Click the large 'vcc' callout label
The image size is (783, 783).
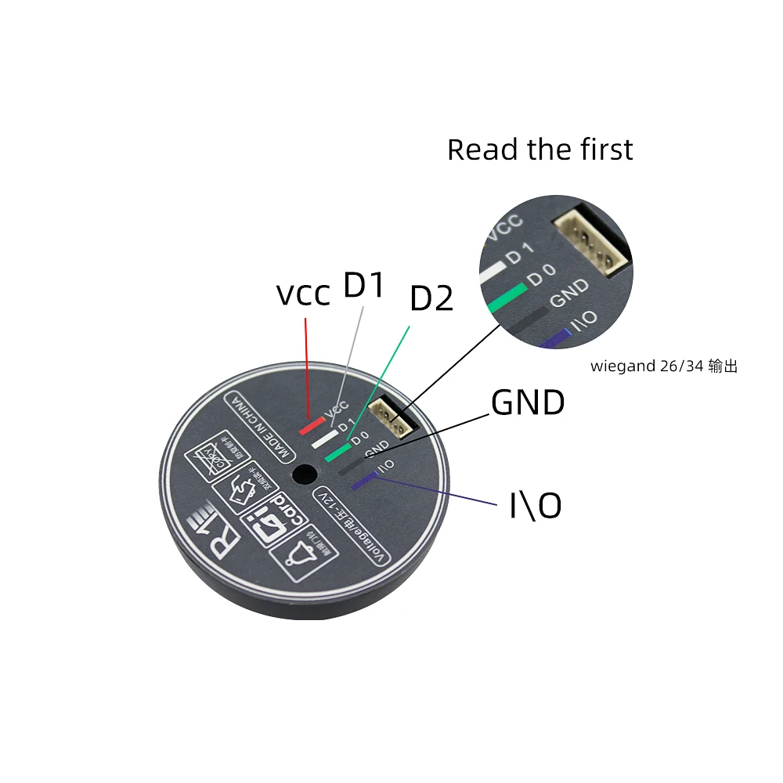click(303, 295)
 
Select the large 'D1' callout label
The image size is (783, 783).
click(365, 287)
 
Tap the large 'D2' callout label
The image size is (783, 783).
click(432, 299)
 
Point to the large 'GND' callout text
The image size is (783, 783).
click(528, 403)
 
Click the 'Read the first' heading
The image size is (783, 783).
click(539, 150)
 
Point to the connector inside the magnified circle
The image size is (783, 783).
click(592, 240)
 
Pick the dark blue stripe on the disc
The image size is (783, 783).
click(364, 481)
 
